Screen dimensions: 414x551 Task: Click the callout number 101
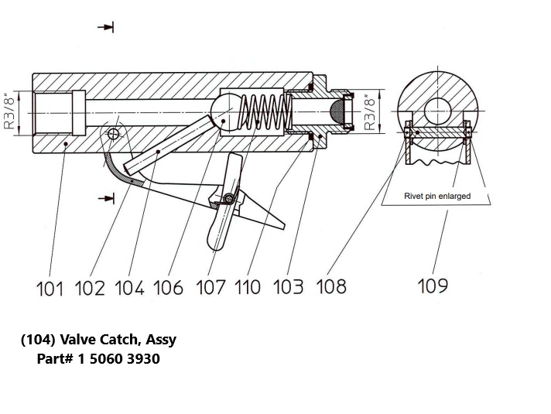coord(50,288)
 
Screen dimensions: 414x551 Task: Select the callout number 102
coord(89,288)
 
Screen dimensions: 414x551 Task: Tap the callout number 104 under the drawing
coord(128,288)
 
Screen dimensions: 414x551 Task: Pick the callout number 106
coord(169,288)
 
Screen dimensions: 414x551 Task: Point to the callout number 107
coord(211,288)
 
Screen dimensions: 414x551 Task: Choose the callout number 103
coord(289,288)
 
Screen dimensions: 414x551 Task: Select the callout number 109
coord(433,286)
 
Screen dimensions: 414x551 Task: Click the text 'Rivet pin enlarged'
coord(437,197)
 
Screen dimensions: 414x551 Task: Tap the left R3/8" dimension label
coord(10,113)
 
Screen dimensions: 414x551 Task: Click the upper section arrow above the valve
coord(106,28)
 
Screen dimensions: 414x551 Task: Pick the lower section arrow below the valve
coord(106,199)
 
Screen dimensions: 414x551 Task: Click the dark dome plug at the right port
coord(337,112)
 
